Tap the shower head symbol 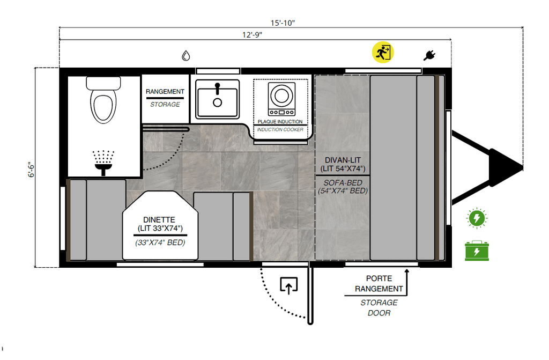103,163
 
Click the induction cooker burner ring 281,95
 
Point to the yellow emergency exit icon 383,53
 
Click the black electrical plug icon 429,55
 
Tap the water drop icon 186,55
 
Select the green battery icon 477,251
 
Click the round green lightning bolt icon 477,218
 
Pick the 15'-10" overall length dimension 283,23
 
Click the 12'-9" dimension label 252,35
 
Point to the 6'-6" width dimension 32,170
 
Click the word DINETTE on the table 159,220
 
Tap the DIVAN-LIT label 343,160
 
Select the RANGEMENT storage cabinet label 165,92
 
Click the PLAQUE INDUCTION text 280,122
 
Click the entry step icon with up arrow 289,285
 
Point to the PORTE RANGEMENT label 379,284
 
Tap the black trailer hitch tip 522,167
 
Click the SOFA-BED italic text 343,182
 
